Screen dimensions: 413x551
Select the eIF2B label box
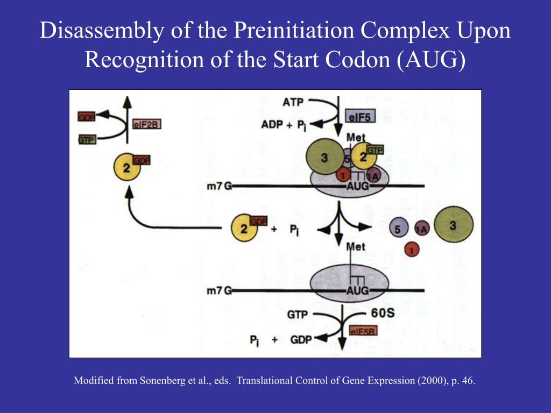[147, 124]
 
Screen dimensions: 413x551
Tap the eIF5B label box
[363, 331]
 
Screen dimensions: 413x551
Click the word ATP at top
[293, 102]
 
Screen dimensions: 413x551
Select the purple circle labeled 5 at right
[398, 229]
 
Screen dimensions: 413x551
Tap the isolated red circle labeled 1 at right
[412, 250]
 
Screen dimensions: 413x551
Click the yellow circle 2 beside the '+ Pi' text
[244, 229]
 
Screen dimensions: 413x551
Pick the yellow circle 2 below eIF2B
[127, 167]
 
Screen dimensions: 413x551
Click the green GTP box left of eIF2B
[87, 140]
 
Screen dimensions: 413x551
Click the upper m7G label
[218, 186]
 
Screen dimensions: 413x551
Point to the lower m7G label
[218, 291]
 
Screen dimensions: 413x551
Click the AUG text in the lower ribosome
[357, 290]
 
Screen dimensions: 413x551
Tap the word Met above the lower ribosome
[355, 247]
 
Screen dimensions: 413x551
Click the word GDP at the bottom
[301, 339]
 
